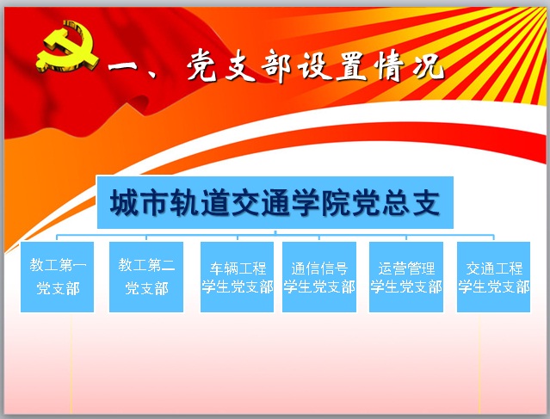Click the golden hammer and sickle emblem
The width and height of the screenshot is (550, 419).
[66, 47]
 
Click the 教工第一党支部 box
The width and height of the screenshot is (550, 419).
[57, 277]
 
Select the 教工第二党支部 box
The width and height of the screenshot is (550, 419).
[146, 277]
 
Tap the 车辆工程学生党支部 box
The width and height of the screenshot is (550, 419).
[237, 277]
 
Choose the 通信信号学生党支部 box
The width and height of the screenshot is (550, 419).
[319, 277]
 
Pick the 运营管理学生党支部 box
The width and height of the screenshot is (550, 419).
[406, 277]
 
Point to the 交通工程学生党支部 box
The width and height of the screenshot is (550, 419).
[493, 277]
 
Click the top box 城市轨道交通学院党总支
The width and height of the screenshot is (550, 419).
[275, 203]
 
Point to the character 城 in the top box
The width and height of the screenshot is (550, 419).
[124, 203]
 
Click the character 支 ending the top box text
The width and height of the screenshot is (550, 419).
[426, 203]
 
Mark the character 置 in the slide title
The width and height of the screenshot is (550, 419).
[352, 65]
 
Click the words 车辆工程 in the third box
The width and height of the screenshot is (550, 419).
[238, 268]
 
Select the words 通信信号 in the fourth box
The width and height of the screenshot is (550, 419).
[319, 268]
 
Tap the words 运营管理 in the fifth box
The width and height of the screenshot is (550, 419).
[406, 268]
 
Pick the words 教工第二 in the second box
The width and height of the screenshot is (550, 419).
[146, 265]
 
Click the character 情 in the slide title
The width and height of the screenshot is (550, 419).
[390, 65]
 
